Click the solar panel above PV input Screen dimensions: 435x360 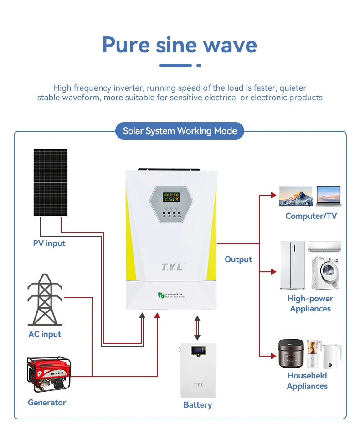point(50,182)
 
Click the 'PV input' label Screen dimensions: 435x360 point(49,243)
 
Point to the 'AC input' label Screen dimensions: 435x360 point(45,334)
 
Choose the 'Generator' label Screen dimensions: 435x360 point(47,403)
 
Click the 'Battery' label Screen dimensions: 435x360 point(198,405)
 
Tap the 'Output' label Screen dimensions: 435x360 point(238,259)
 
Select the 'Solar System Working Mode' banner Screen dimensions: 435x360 point(180,131)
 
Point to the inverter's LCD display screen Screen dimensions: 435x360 point(171,197)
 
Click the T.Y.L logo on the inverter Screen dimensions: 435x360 point(172,267)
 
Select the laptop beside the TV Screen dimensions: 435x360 point(328,197)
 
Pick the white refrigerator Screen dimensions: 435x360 point(292,265)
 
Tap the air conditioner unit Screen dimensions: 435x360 point(324,247)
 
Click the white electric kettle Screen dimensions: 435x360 point(332,356)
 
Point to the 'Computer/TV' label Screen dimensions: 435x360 point(311,216)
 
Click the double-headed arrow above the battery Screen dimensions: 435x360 point(197,327)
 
